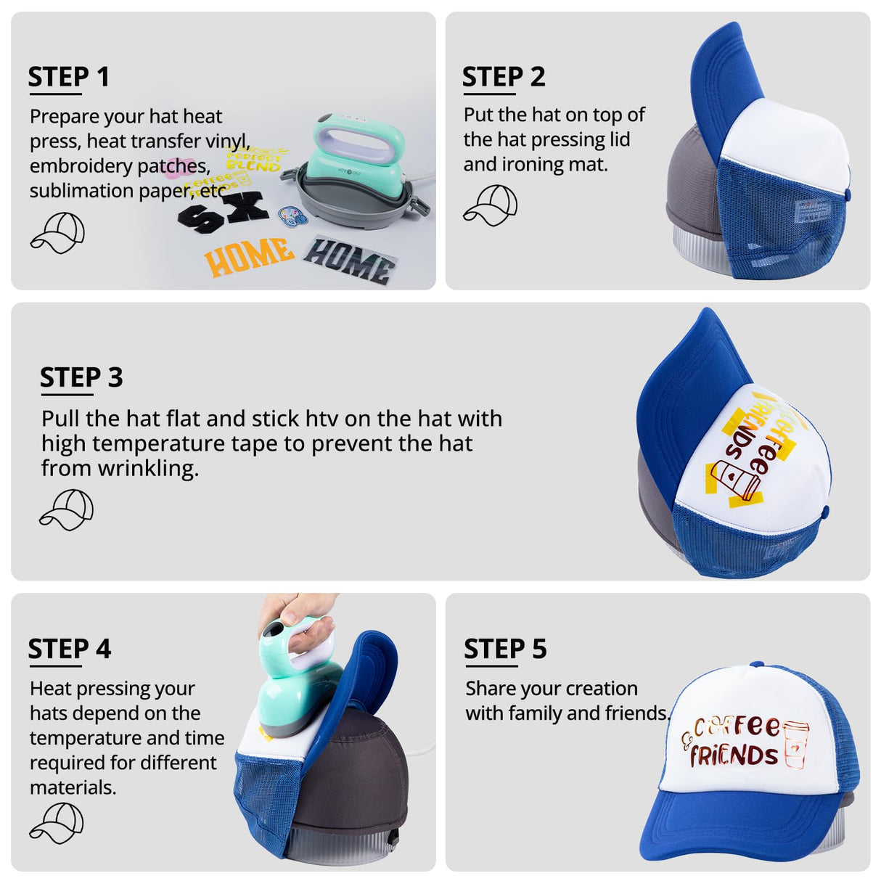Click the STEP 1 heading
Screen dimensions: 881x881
coord(68,77)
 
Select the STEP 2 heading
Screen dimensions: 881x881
coord(503,77)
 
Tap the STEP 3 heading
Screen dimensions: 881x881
coord(81,377)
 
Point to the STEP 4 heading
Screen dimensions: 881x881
coord(69,649)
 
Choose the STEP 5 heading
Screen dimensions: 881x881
coord(505,649)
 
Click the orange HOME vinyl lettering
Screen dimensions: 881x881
coord(249,256)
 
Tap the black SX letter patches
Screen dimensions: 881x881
coord(223,213)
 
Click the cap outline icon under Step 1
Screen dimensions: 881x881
coord(57,232)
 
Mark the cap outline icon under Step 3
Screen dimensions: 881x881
coord(66,509)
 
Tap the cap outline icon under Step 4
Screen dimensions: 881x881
coord(57,823)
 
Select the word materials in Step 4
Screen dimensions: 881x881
coord(73,787)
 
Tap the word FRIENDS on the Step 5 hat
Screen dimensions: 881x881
coord(734,755)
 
